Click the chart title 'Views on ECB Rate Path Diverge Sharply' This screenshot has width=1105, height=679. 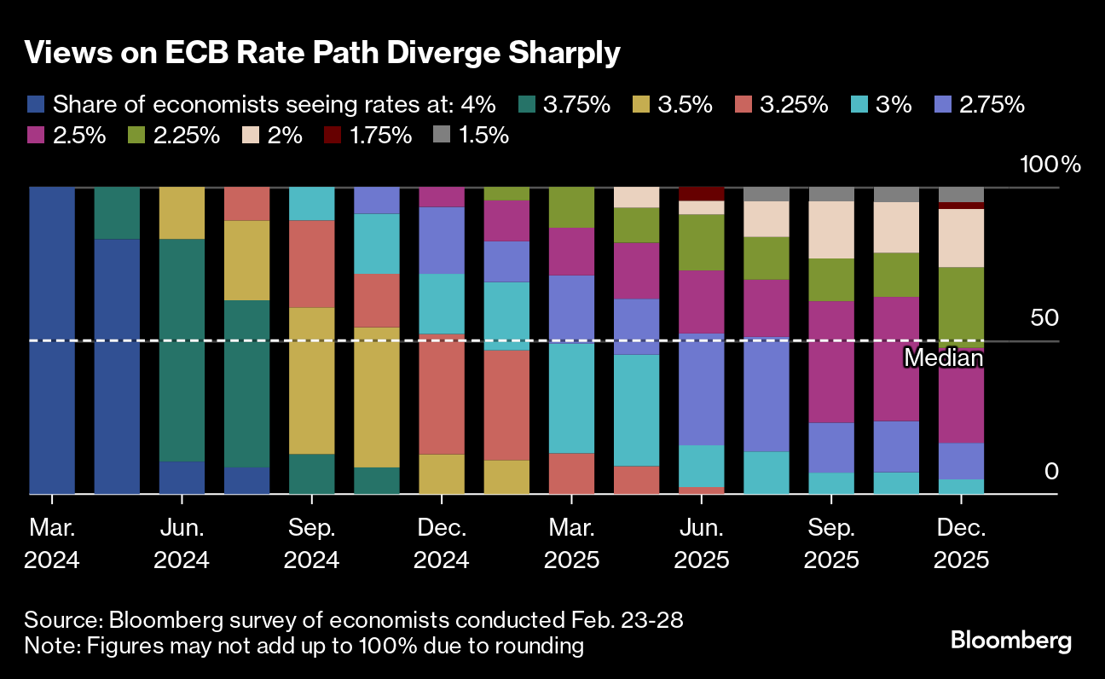click(x=321, y=53)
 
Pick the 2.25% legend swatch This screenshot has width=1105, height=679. click(x=136, y=135)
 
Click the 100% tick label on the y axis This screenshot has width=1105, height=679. click(x=1050, y=165)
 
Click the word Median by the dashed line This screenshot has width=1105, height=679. click(x=943, y=358)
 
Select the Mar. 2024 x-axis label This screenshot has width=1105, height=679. click(x=52, y=544)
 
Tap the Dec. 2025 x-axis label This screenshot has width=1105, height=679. click(x=961, y=544)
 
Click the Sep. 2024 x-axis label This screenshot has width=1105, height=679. click(x=311, y=544)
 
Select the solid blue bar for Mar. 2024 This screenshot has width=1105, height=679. click(x=52, y=340)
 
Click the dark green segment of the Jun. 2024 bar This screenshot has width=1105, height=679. click(x=182, y=350)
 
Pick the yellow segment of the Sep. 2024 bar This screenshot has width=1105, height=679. click(x=311, y=380)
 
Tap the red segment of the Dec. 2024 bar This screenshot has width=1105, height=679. click(x=442, y=393)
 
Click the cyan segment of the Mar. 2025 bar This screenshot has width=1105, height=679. click(x=571, y=398)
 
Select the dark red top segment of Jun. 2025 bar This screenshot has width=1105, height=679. click(x=701, y=194)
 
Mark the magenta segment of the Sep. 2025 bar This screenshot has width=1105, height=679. click(x=831, y=362)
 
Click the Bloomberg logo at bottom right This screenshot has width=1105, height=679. click(x=1011, y=641)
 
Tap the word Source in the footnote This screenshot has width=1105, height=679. click(x=61, y=618)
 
